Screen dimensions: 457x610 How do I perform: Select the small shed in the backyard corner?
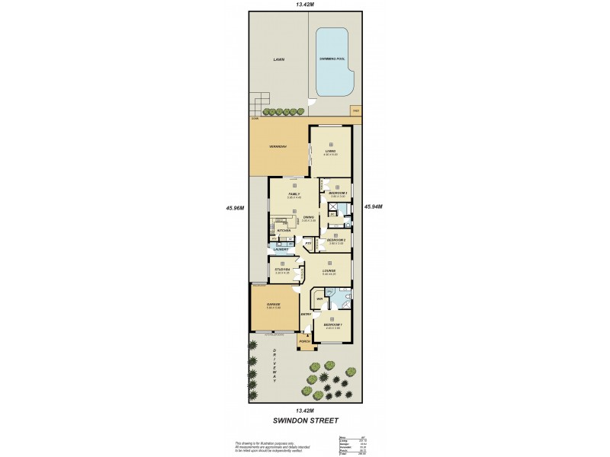[x=355, y=111]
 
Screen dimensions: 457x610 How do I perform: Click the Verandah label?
[x=277, y=146]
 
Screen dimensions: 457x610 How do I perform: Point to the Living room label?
[x=331, y=151]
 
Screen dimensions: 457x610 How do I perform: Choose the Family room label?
[x=294, y=195]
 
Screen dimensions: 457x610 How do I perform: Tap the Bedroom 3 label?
[x=338, y=194]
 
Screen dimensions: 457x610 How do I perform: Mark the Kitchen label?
[x=284, y=230]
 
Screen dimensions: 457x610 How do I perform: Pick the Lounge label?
[x=329, y=270]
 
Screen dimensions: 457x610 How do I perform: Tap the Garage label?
[x=274, y=305]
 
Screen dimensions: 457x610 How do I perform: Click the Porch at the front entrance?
[x=305, y=342]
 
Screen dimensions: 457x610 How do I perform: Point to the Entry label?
[x=306, y=314]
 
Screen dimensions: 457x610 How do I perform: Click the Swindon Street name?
[x=304, y=420]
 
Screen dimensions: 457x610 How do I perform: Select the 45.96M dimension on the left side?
[x=235, y=207]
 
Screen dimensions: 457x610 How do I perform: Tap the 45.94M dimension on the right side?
[x=374, y=206]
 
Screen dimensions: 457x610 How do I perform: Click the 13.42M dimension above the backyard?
[x=305, y=5]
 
